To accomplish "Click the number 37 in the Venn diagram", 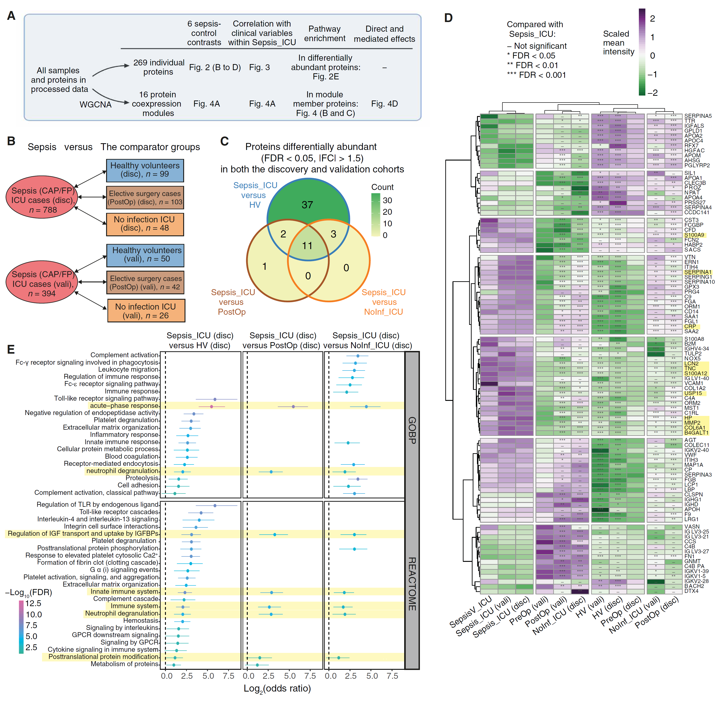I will click(x=307, y=205).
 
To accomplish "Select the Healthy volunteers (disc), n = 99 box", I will click(x=145, y=170).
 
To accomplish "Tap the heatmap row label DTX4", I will click(x=691, y=591).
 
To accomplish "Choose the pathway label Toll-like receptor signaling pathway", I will click(x=106, y=398).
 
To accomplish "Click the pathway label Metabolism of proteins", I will click(x=124, y=664).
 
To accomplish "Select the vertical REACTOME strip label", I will click(x=412, y=584).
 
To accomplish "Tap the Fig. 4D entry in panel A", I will click(x=384, y=104).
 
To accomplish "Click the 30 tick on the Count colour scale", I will click(x=387, y=200).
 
